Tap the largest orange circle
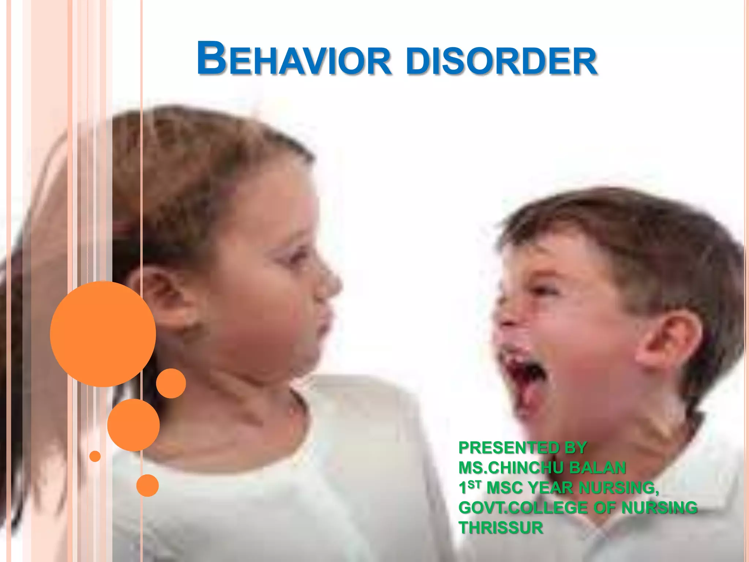click(103, 334)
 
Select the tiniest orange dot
click(95, 456)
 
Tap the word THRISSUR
click(501, 528)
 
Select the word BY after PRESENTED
click(575, 448)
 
